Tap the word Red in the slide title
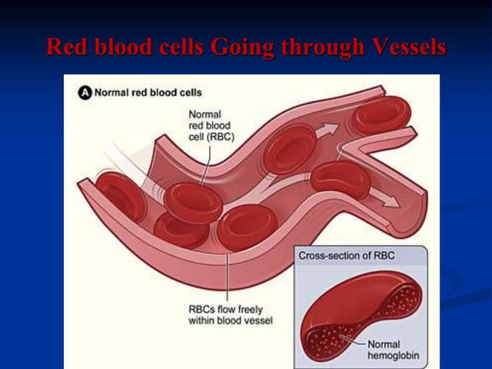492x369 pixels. [x=64, y=48]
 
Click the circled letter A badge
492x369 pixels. [x=85, y=93]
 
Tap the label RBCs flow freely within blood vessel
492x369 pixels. [x=230, y=315]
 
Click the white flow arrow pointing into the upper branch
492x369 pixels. [x=329, y=130]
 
